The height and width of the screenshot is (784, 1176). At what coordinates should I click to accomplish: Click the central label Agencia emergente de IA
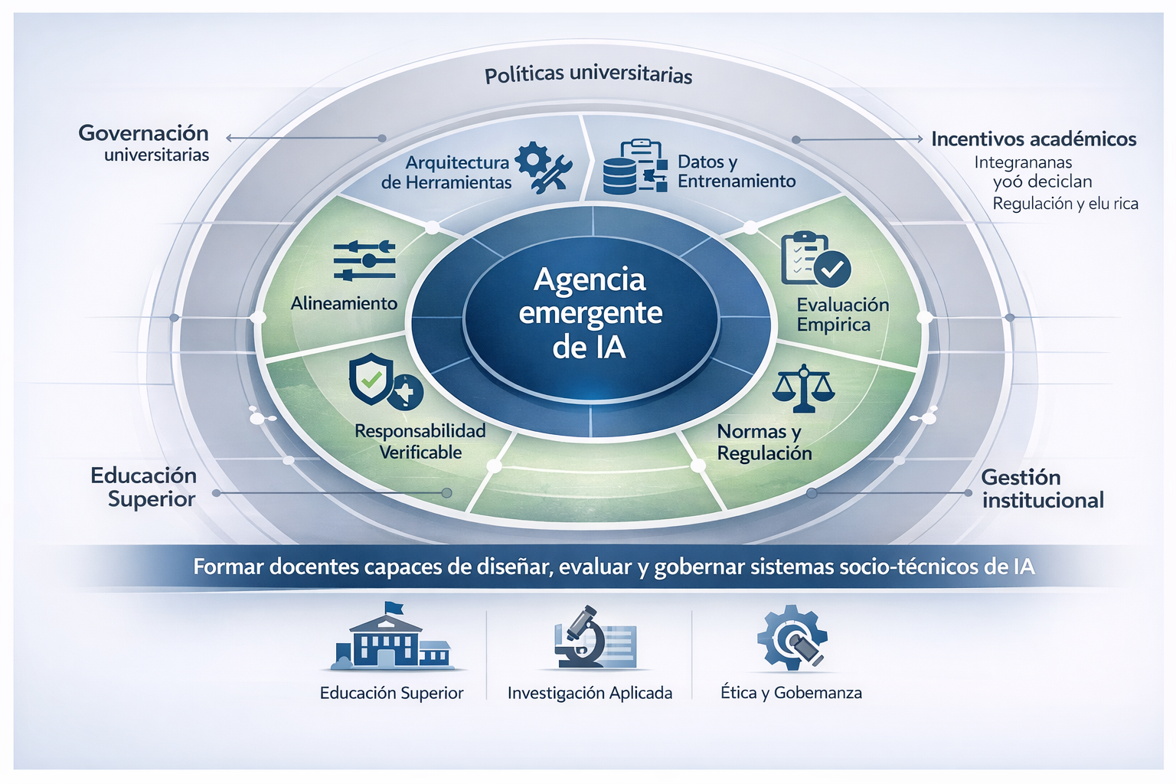pos(590,313)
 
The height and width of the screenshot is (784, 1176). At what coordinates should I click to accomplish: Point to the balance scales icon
pos(803,387)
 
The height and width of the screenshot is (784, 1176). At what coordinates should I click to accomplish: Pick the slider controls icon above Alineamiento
pos(364,260)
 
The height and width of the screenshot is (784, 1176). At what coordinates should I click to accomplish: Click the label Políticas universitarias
pos(588,75)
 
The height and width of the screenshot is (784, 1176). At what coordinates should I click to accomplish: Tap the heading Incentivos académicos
pos(1033,139)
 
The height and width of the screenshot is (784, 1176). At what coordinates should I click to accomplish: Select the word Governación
pos(144,133)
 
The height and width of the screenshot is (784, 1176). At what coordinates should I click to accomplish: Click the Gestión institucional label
pos(1042,488)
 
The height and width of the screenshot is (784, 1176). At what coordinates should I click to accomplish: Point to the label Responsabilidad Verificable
pos(420,442)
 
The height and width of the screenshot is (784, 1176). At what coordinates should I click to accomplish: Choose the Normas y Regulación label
pos(763,443)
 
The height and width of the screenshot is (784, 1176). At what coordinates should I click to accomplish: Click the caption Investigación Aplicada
pos(590,693)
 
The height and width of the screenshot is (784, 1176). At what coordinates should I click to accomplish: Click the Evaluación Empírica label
pos(842,315)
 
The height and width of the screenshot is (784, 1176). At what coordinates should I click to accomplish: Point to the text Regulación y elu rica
pos(1065,204)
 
